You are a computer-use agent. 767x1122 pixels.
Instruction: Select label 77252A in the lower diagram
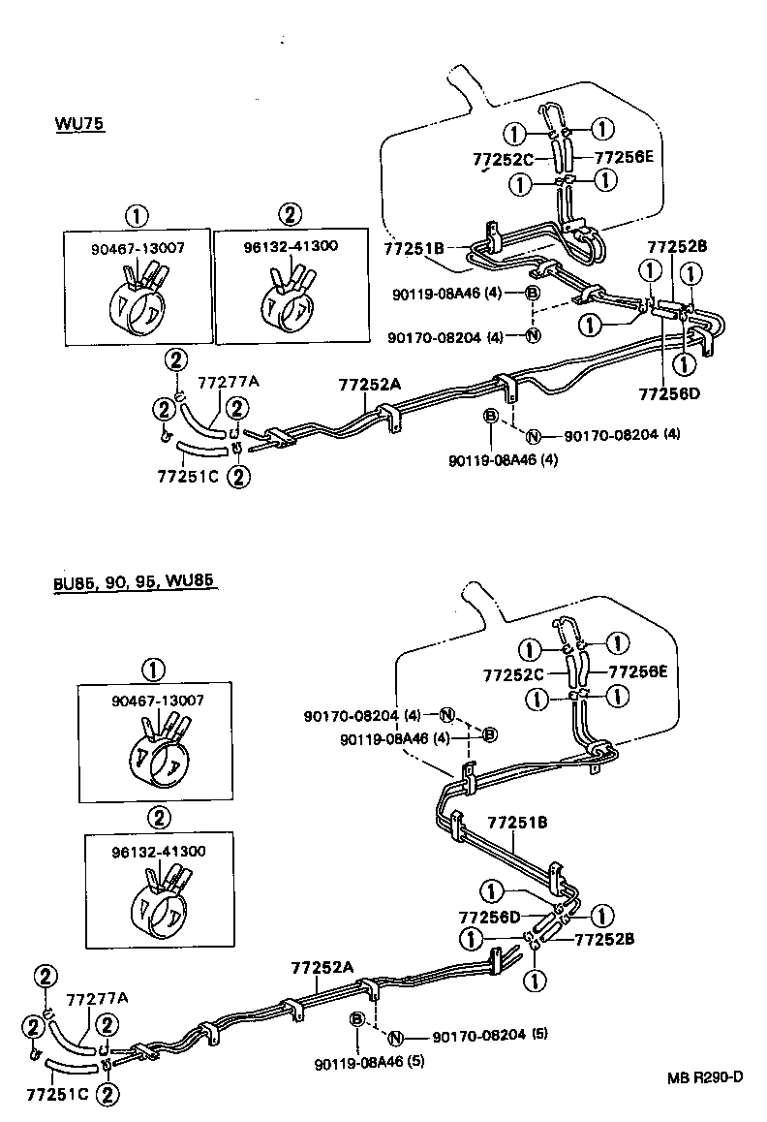322,968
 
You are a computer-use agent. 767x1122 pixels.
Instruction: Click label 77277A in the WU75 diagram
229,382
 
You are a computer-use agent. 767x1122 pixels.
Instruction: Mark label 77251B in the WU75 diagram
414,250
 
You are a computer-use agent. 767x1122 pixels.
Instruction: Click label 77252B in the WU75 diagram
677,248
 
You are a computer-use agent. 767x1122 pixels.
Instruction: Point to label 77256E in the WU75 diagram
624,156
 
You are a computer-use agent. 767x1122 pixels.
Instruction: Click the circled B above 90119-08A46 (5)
357,1019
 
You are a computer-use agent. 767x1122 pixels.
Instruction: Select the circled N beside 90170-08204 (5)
395,1037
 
